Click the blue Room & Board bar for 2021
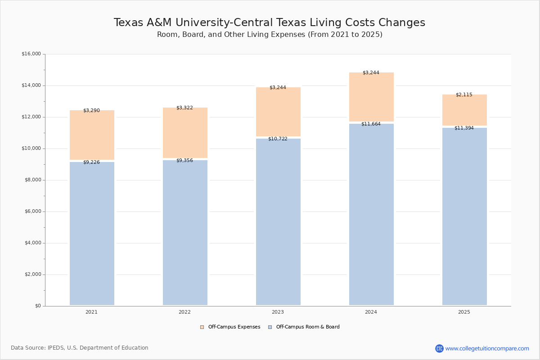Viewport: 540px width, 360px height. [x=92, y=234]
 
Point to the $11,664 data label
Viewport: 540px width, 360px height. [x=371, y=124]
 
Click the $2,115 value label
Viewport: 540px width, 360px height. [x=464, y=94]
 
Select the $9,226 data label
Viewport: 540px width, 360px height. [x=91, y=162]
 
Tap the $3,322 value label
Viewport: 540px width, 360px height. [x=184, y=108]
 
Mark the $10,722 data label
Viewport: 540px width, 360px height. [x=278, y=139]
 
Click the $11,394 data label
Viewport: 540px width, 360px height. [x=464, y=128]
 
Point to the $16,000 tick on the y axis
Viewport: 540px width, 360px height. [x=31, y=54]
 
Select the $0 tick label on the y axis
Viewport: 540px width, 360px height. [x=37, y=306]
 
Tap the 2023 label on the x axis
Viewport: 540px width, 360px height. [x=278, y=312]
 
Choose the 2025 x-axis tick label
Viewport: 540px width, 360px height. [x=464, y=312]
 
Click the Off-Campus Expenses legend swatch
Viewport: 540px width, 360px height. [x=202, y=327]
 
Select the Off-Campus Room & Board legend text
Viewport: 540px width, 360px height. [x=308, y=327]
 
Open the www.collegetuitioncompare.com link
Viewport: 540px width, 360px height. [x=487, y=348]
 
